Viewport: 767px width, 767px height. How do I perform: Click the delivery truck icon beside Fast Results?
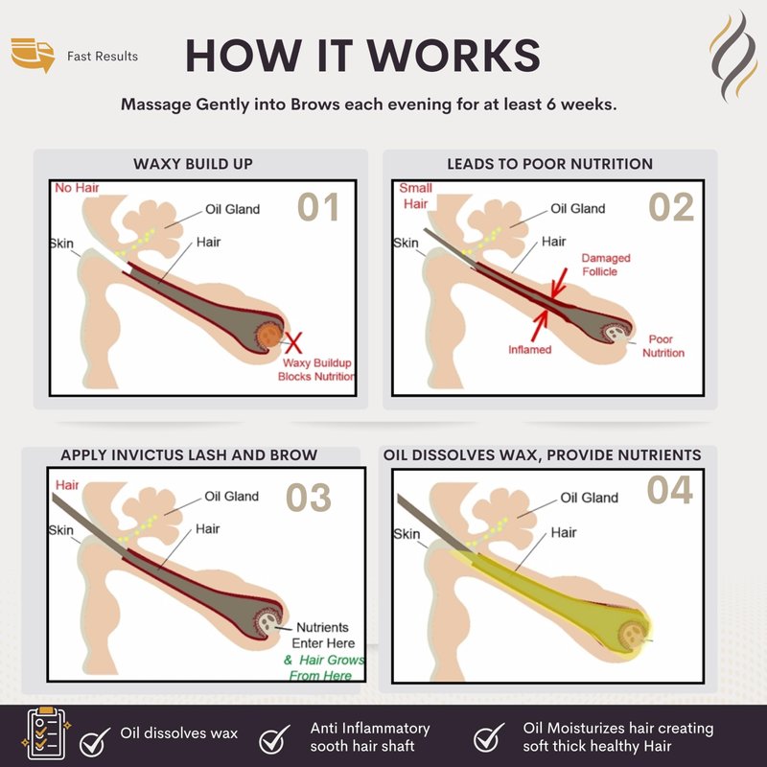(x=33, y=55)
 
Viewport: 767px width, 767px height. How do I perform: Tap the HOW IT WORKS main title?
(x=363, y=56)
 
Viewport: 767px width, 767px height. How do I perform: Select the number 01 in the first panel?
(x=318, y=207)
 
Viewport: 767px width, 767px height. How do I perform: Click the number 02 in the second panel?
(x=671, y=207)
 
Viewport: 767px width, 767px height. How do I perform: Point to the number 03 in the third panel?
(x=309, y=498)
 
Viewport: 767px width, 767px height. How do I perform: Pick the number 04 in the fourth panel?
(x=669, y=490)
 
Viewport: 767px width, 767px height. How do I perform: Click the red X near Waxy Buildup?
(x=293, y=342)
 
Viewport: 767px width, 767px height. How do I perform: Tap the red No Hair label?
(x=77, y=188)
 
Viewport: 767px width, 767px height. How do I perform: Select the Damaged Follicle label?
(x=606, y=265)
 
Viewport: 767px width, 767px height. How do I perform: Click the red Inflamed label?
(x=530, y=350)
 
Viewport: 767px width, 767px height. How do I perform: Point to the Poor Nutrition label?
(x=662, y=346)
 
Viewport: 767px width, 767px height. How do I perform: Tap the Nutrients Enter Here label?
(x=323, y=635)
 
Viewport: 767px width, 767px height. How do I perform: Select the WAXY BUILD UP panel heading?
(x=194, y=164)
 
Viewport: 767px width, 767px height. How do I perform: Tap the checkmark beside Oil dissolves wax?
(x=95, y=740)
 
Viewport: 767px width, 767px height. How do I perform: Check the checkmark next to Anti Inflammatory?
(x=274, y=739)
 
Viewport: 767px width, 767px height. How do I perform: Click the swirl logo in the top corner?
(x=733, y=56)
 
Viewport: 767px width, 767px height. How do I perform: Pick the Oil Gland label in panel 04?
(x=589, y=498)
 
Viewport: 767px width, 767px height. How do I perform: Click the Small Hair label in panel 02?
(x=415, y=196)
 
